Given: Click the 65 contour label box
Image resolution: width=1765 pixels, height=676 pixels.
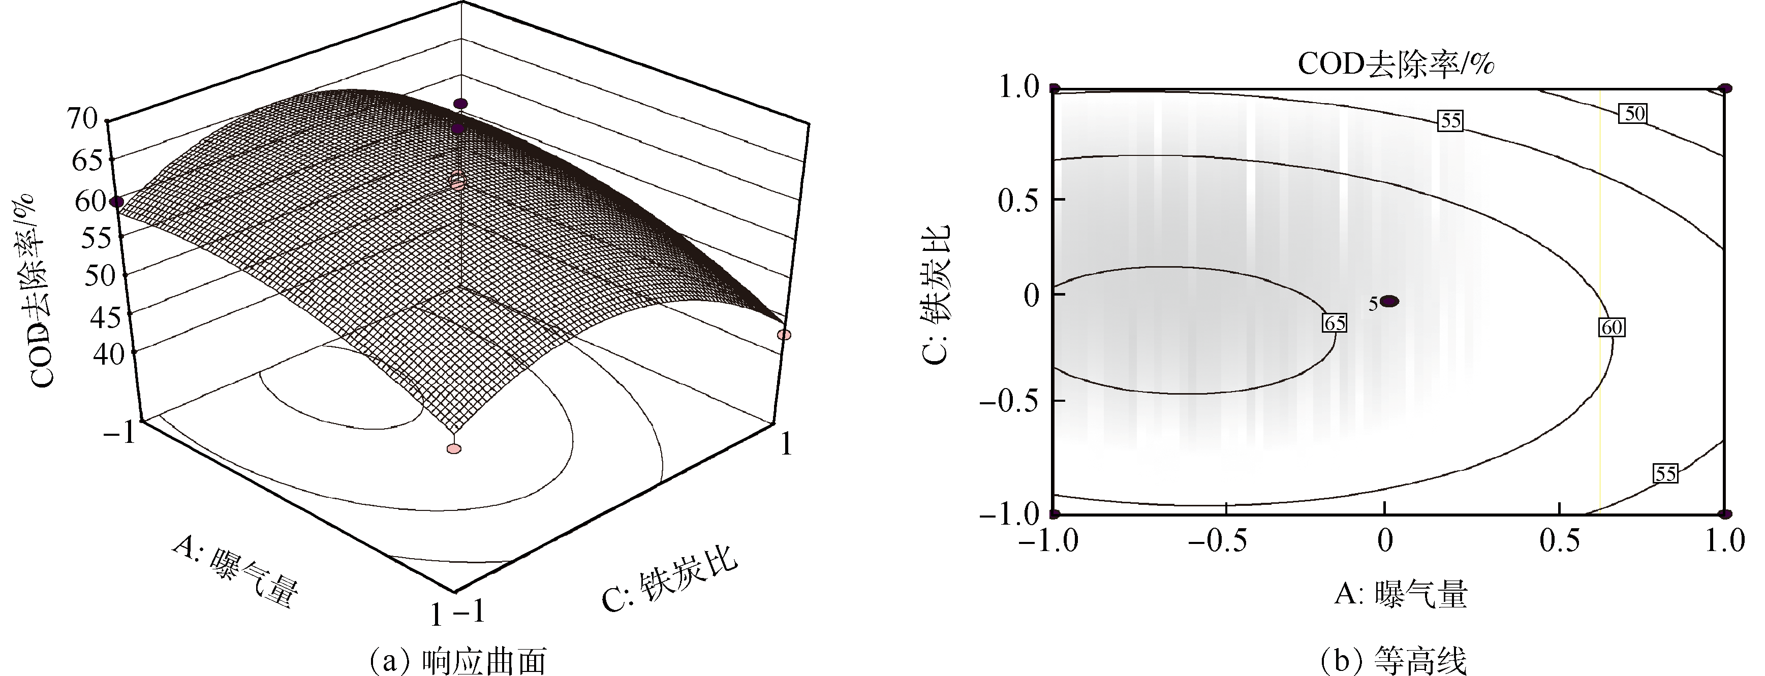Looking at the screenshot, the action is pyautogui.click(x=1335, y=323).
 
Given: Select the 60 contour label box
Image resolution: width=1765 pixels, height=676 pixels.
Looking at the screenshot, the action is pyautogui.click(x=1612, y=328).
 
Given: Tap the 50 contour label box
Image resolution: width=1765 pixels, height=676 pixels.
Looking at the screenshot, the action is pyautogui.click(x=1635, y=114).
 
